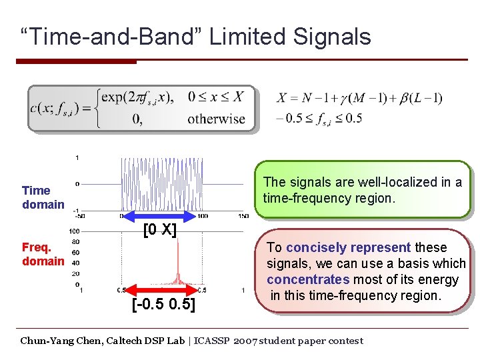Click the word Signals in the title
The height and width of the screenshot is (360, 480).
[331, 36]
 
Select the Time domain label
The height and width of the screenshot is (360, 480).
[43, 197]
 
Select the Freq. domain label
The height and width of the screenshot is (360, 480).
[43, 254]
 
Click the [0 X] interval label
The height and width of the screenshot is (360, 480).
[160, 231]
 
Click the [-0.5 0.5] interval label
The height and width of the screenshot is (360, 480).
[163, 305]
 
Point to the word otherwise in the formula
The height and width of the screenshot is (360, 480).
[216, 119]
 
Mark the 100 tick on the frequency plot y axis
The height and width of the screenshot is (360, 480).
[74, 231]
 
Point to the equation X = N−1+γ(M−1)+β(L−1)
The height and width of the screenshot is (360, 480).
[359, 98]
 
